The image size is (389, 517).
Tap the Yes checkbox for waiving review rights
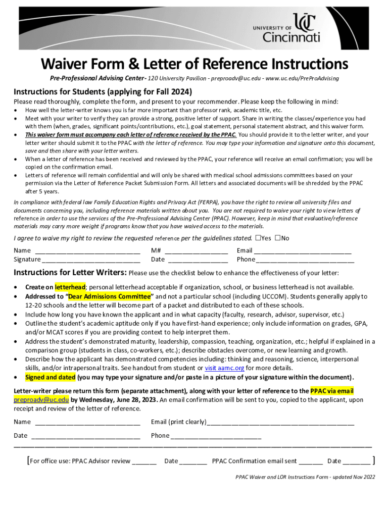(x=258, y=238)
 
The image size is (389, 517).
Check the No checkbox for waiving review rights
(x=277, y=238)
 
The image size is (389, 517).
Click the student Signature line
(x=91, y=260)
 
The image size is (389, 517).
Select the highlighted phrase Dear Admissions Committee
(x=109, y=296)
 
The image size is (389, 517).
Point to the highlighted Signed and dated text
(x=50, y=378)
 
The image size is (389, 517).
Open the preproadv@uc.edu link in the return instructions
(x=41, y=400)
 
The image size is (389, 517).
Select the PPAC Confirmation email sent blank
(x=310, y=461)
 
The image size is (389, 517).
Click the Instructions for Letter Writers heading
(x=70, y=273)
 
